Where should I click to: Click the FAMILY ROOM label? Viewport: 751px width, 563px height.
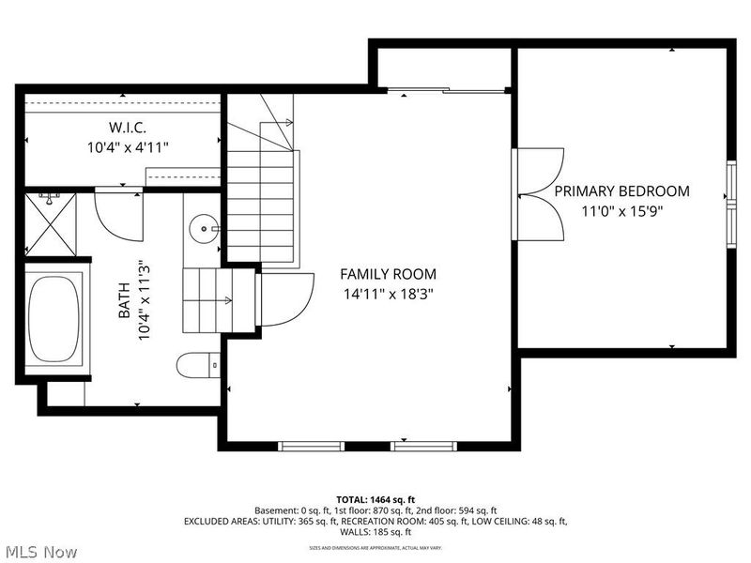[388, 274]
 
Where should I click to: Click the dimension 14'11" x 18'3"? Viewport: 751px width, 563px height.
[388, 293]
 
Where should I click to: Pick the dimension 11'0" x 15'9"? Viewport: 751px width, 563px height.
[621, 210]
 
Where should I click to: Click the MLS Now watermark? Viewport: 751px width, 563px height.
[40, 552]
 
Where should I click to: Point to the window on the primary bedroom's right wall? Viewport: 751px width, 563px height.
[730, 197]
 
